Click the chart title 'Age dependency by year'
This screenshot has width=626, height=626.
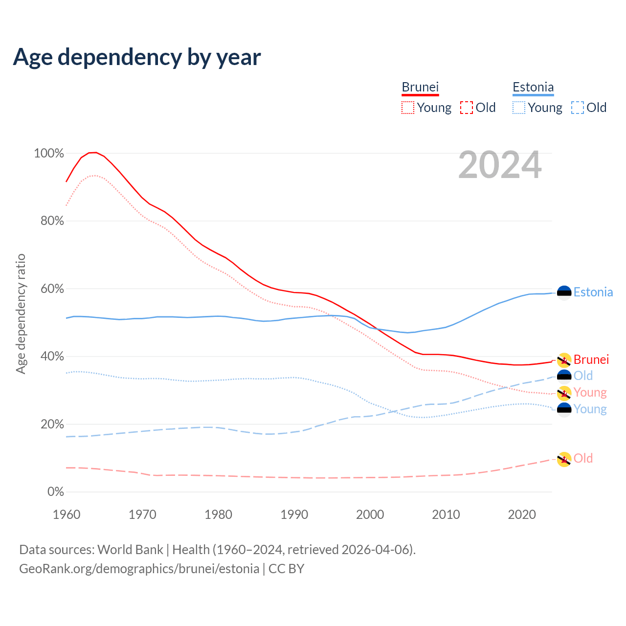[x=137, y=57]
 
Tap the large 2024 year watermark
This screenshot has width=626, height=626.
[x=500, y=165]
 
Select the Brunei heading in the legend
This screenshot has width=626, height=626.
[x=420, y=87]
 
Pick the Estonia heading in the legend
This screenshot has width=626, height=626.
[x=533, y=87]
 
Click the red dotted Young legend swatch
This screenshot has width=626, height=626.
[x=408, y=108]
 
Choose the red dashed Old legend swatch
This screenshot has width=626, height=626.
[x=467, y=108]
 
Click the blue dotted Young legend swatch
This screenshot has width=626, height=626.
[x=519, y=108]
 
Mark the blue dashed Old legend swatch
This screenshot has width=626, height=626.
[x=578, y=108]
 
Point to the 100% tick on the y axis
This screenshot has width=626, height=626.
[x=49, y=154]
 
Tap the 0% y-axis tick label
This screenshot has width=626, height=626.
[x=56, y=492]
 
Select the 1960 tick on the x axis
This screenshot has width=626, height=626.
[x=67, y=514]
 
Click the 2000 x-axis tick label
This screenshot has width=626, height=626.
[x=370, y=514]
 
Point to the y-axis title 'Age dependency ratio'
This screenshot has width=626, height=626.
[x=21, y=313]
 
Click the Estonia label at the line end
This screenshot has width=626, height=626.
[x=593, y=292]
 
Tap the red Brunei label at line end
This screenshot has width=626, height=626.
[x=591, y=360]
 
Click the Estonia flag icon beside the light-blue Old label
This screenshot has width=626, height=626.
[x=564, y=376]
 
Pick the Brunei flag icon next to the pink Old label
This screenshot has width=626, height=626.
[x=564, y=459]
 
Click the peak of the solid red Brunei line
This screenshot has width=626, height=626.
[x=93, y=152]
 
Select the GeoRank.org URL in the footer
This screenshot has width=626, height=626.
[x=139, y=569]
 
